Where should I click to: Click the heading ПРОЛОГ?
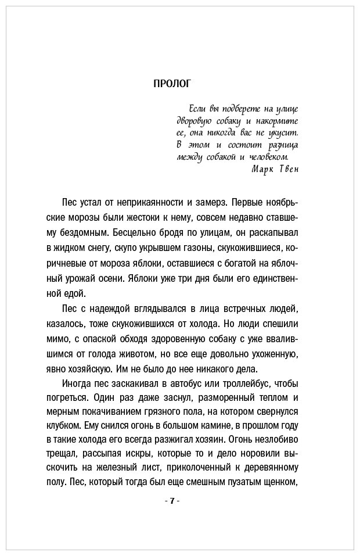click(x=172, y=84)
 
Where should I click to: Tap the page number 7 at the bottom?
click(x=172, y=500)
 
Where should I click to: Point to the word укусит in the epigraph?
click(x=283, y=132)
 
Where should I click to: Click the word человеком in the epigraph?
click(x=267, y=157)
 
